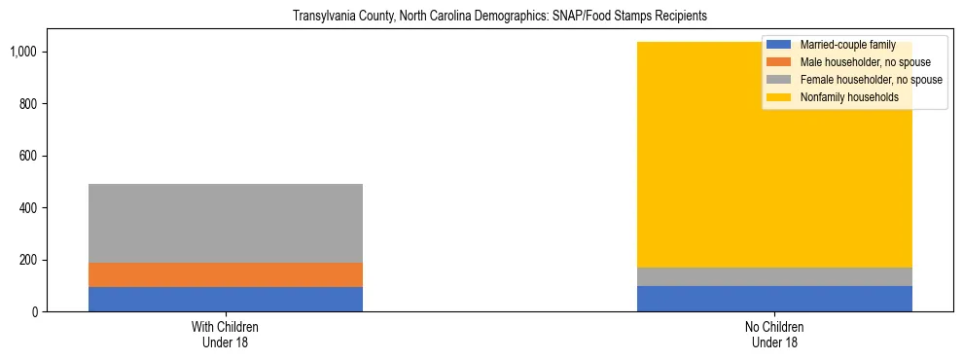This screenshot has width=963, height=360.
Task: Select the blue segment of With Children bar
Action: pyautogui.click(x=226, y=299)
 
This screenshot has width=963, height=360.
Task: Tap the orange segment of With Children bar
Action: pyautogui.click(x=226, y=274)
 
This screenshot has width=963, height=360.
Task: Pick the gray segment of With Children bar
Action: pyautogui.click(x=226, y=223)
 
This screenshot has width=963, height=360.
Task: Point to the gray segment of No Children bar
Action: pyautogui.click(x=774, y=276)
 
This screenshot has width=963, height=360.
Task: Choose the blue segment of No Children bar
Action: pyautogui.click(x=774, y=299)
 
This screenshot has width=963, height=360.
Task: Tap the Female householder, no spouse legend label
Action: pyautogui.click(x=871, y=80)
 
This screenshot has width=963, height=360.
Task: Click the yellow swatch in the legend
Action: pyautogui.click(x=779, y=97)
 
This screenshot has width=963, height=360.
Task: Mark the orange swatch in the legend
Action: pyautogui.click(x=779, y=62)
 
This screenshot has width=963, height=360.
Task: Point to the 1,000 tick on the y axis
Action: pyautogui.click(x=24, y=52)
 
